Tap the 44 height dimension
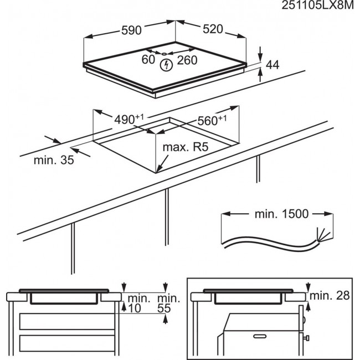[271, 65]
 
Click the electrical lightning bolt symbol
[165, 65]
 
